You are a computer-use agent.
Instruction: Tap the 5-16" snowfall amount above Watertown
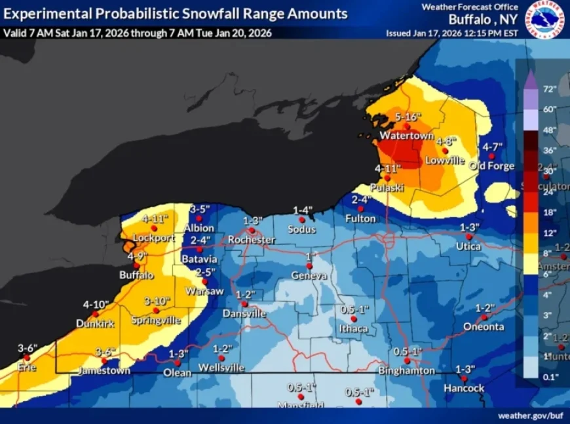click(407, 117)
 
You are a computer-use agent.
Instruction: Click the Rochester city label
click(251, 240)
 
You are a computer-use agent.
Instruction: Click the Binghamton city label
click(406, 370)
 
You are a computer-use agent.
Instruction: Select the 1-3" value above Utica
click(469, 227)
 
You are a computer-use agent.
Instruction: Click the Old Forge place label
click(492, 166)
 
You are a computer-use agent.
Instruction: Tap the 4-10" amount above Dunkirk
click(96, 304)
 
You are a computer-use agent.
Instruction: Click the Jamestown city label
click(104, 370)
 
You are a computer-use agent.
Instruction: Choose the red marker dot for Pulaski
click(388, 178)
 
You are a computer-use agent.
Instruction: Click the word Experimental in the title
click(48, 13)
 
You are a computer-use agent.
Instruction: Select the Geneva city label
click(309, 275)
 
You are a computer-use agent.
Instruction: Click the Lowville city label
click(444, 160)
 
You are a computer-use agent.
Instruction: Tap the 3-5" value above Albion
click(199, 209)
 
